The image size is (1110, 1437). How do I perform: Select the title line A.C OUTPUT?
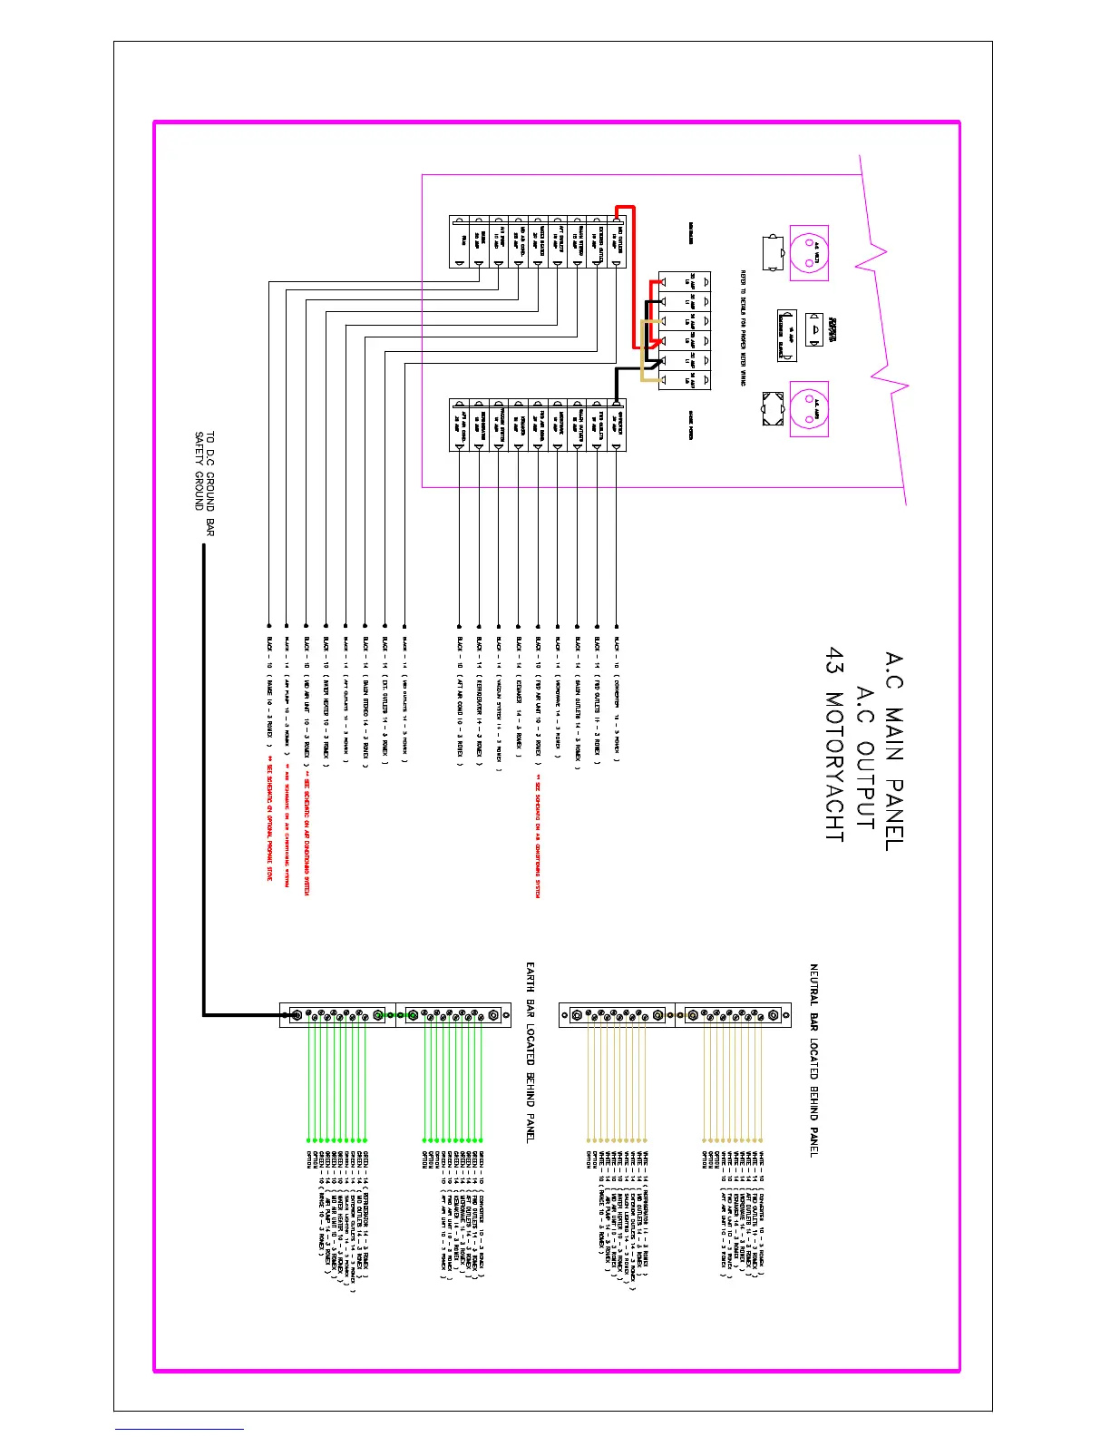tap(865, 758)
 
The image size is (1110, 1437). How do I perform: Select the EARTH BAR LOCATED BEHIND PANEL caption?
tap(531, 1052)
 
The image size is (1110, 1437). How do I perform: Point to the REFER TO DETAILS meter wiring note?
tap(743, 327)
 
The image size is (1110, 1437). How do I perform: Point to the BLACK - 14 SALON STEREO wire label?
tap(365, 703)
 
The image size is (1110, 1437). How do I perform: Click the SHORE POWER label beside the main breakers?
tap(691, 421)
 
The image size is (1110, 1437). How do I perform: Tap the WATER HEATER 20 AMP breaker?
tap(537, 243)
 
